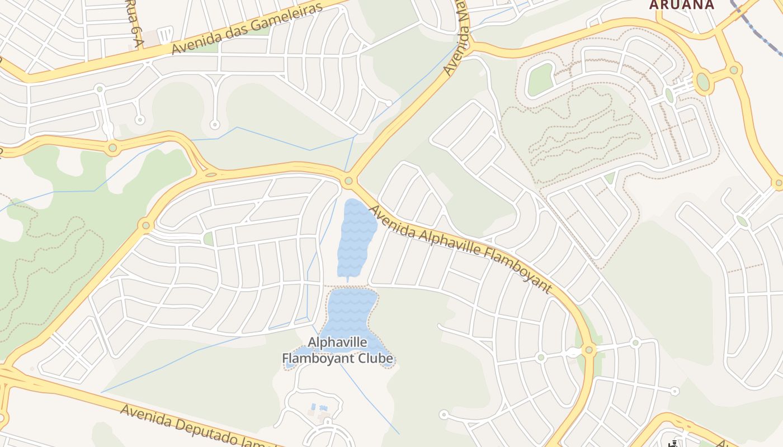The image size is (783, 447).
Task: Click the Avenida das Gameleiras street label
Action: (x=248, y=27)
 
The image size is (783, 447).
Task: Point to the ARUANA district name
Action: (x=681, y=5)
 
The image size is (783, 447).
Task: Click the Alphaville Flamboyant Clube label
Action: (x=337, y=350)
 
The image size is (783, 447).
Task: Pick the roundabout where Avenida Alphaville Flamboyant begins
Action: (x=349, y=181)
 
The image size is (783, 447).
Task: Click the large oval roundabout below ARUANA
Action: (x=702, y=82)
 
